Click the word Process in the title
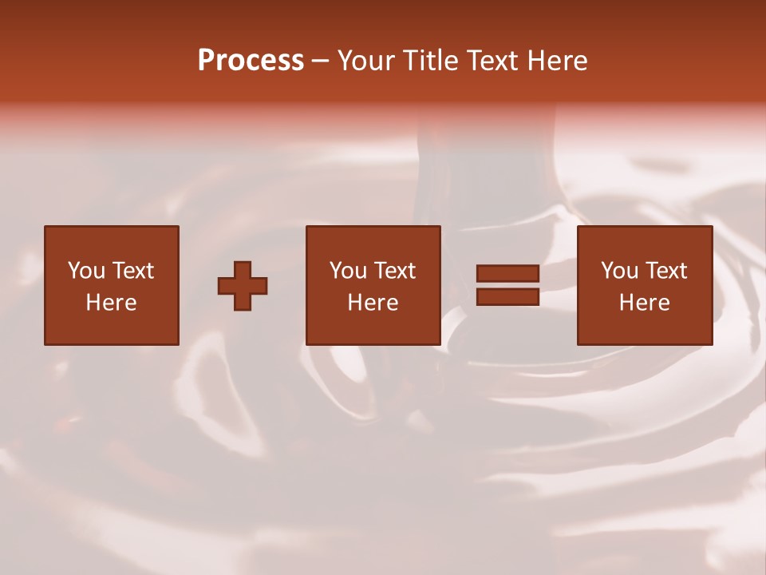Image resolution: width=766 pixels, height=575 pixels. click(x=251, y=61)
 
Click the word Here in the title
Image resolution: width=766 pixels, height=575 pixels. click(x=558, y=61)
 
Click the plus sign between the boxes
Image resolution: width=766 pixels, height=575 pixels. click(x=243, y=286)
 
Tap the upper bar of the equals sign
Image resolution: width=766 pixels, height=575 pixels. click(x=507, y=274)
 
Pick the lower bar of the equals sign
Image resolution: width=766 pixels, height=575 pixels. click(x=507, y=297)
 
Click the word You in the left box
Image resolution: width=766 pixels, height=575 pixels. click(x=86, y=271)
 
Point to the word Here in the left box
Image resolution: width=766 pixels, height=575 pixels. click(x=111, y=303)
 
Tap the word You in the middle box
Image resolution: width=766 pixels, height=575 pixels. click(x=348, y=271)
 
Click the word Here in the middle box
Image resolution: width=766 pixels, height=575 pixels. click(x=373, y=303)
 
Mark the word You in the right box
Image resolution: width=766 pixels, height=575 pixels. click(x=619, y=271)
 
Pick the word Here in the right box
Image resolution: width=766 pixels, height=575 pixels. click(x=644, y=303)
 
